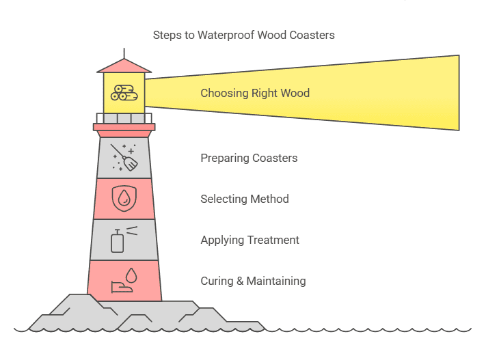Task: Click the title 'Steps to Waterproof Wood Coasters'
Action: click(x=243, y=35)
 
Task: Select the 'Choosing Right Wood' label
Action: click(x=254, y=93)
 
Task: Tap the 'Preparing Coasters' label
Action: click(x=249, y=158)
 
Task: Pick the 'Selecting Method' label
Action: click(x=244, y=199)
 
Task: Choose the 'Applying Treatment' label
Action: click(x=249, y=240)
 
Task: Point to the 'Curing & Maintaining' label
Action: click(x=253, y=281)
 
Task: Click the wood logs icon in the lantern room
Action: click(x=124, y=93)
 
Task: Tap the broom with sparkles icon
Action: click(x=124, y=157)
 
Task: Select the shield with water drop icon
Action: click(x=124, y=199)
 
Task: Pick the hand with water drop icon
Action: click(x=124, y=280)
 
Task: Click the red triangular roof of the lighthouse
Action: click(x=124, y=66)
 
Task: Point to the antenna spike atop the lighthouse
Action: click(x=124, y=53)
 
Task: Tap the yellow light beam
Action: click(x=383, y=92)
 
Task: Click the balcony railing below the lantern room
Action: click(x=124, y=118)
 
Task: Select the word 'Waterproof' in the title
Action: click(x=226, y=35)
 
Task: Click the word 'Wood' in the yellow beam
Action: click(x=295, y=93)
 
